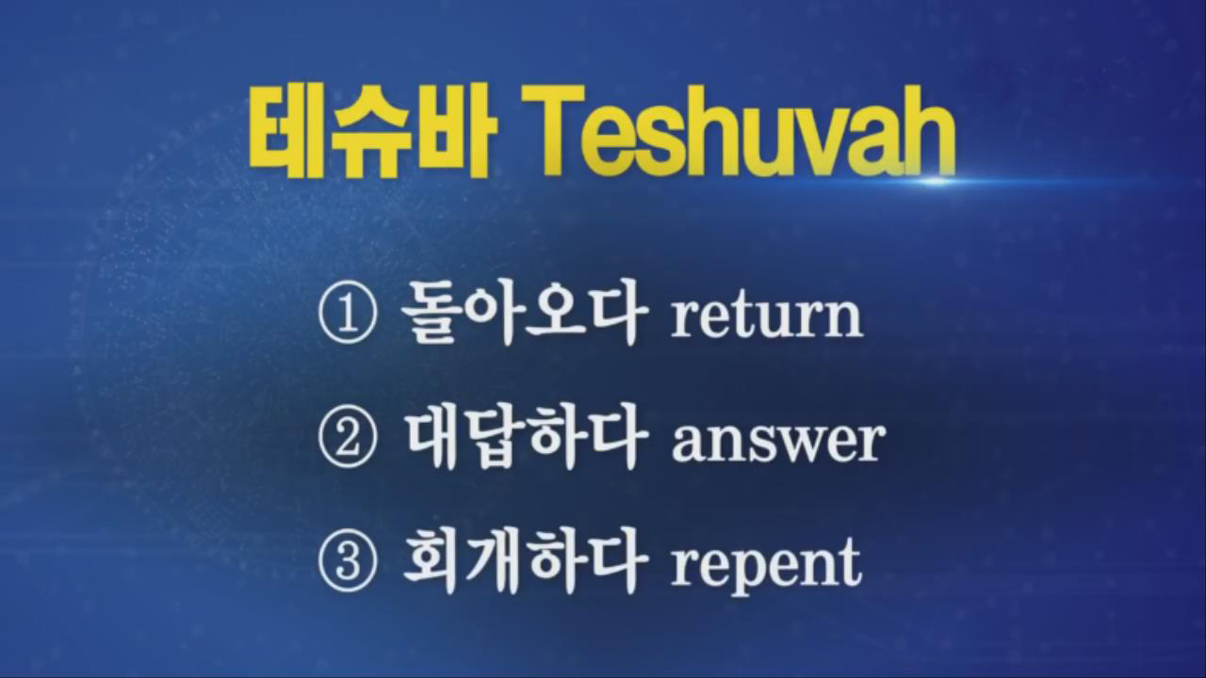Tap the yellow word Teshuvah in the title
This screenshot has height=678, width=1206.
tap(739, 131)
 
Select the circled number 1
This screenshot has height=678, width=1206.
tap(346, 315)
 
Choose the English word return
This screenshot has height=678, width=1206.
tap(766, 316)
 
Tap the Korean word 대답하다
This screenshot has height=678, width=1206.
tap(525, 439)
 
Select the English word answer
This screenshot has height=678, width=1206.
tap(777, 444)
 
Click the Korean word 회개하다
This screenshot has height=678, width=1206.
tap(524, 561)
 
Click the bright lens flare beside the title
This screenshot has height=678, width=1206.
tap(937, 181)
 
